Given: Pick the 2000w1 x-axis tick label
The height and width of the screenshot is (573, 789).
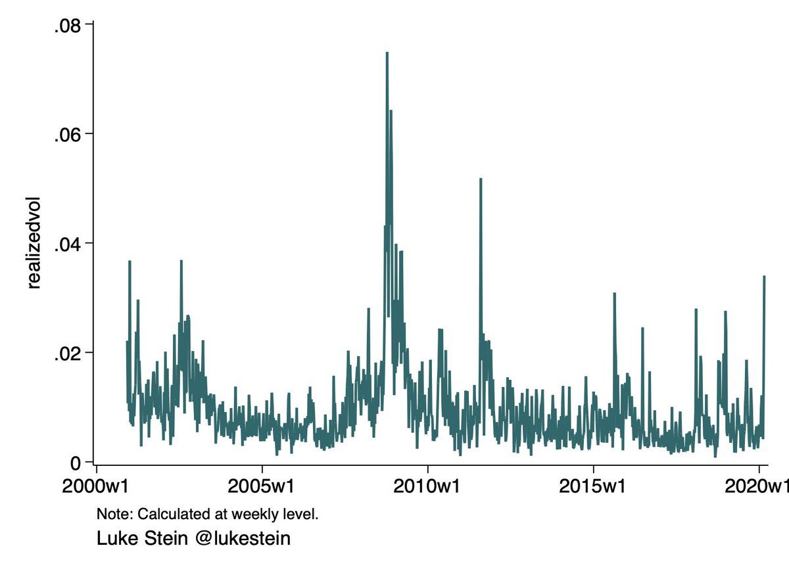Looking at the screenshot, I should [97, 488].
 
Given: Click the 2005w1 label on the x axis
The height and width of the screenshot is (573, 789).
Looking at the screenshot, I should [262, 488].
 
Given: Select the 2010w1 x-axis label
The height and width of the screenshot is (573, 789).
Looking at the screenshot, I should [428, 488].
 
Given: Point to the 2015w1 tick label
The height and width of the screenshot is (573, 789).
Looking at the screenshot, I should [594, 488].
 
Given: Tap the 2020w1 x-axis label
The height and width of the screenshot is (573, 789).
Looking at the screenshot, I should [756, 488].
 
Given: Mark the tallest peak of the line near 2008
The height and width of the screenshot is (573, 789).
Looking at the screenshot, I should [387, 53].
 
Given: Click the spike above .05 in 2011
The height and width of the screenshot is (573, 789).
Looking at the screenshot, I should [481, 179].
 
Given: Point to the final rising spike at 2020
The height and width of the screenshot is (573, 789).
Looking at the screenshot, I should [764, 276].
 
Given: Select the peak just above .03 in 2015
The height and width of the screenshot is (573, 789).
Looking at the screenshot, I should [614, 294].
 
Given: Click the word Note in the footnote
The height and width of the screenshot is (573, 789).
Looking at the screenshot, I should [109, 513].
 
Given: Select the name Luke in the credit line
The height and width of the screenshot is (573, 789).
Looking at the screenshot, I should [114, 539].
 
